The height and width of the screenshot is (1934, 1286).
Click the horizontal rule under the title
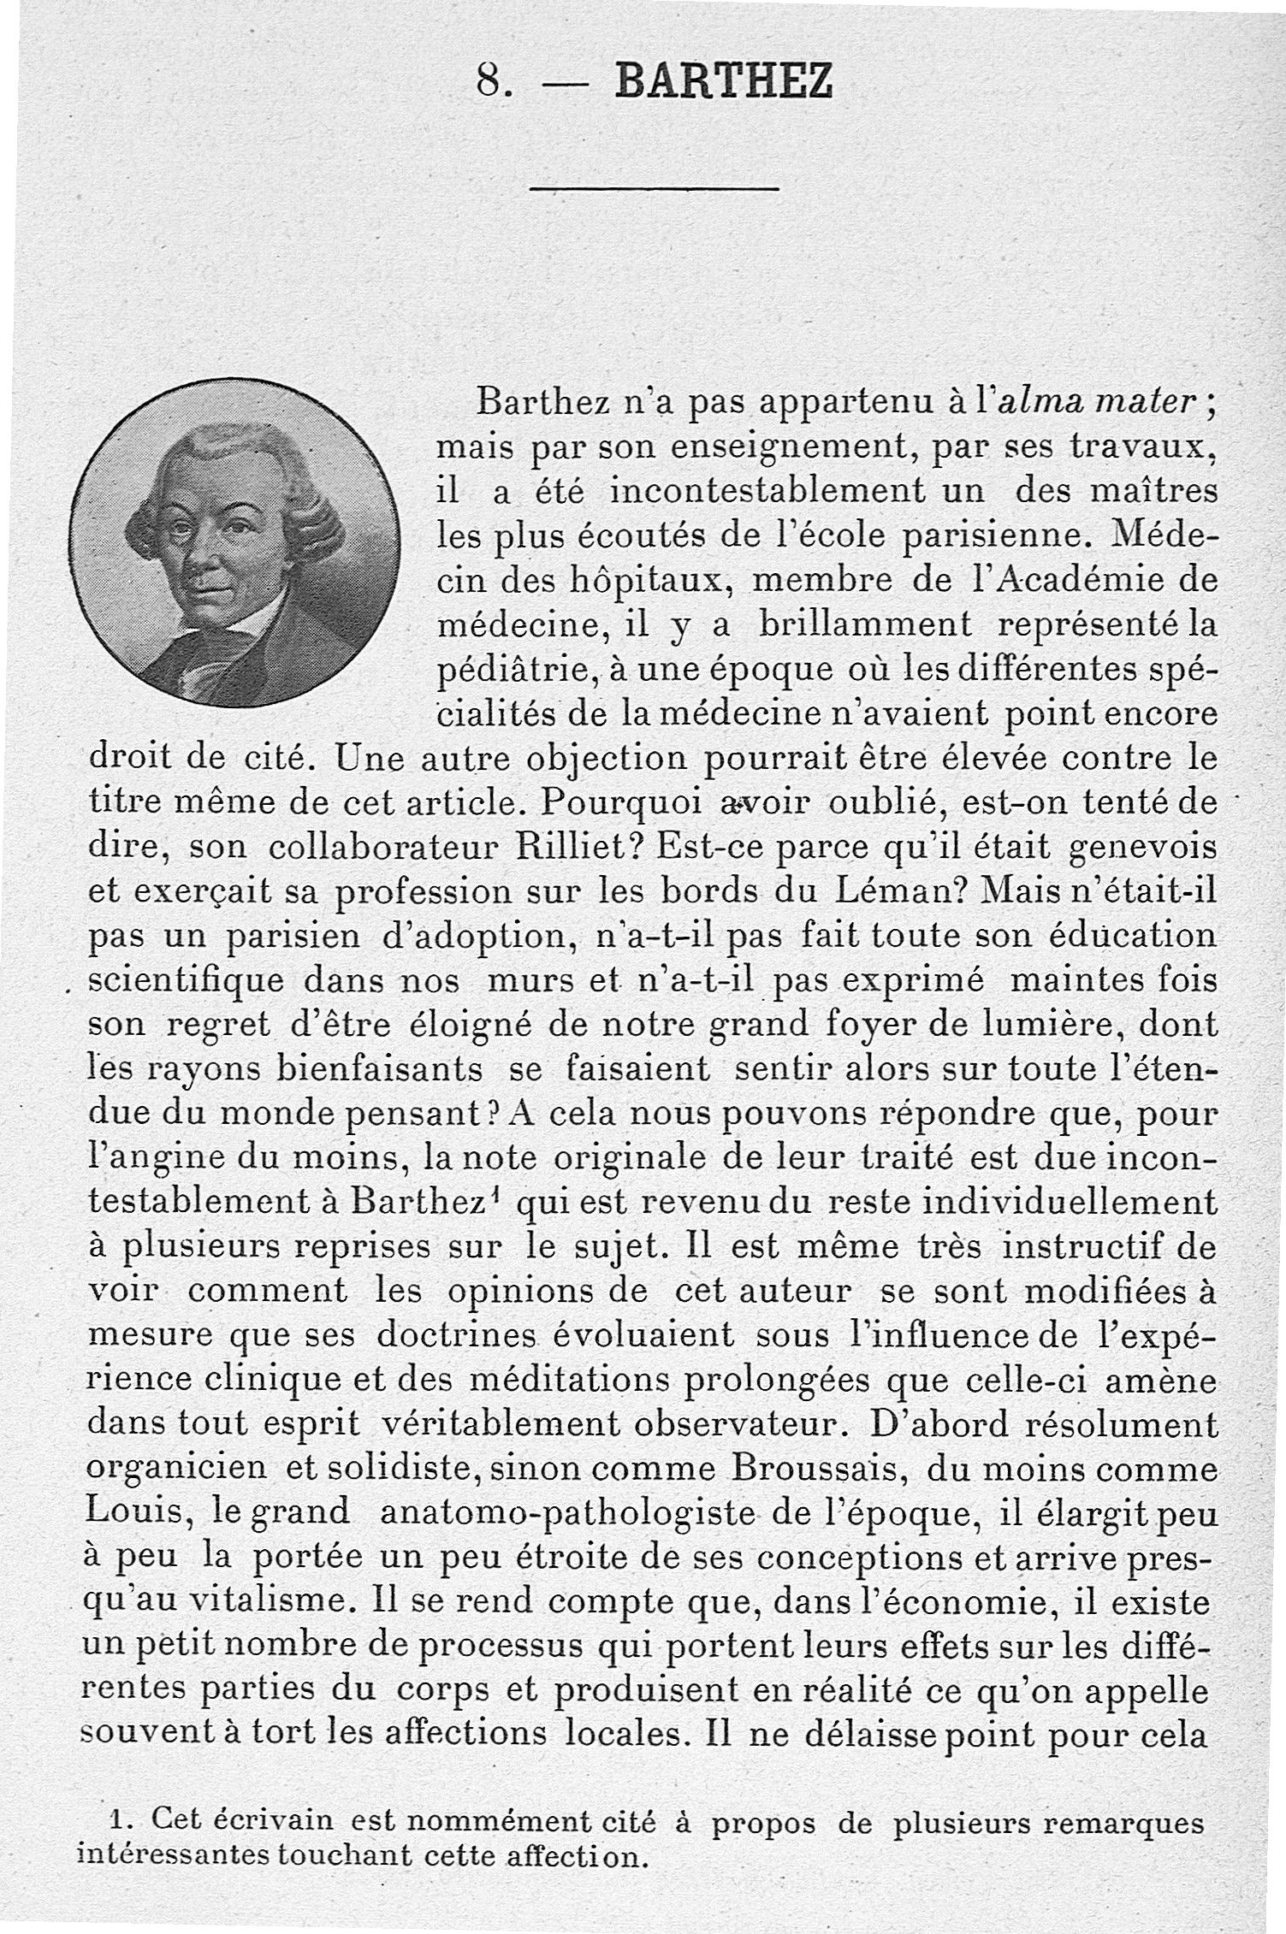[x=654, y=188]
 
